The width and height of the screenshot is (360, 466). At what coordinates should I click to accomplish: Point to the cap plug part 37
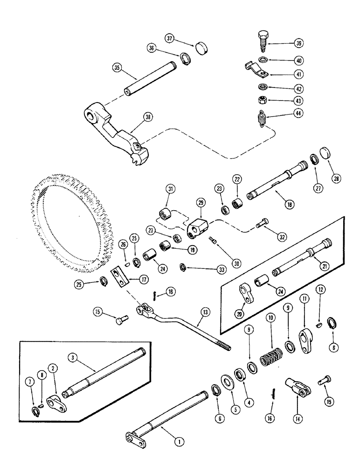coord(201,46)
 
